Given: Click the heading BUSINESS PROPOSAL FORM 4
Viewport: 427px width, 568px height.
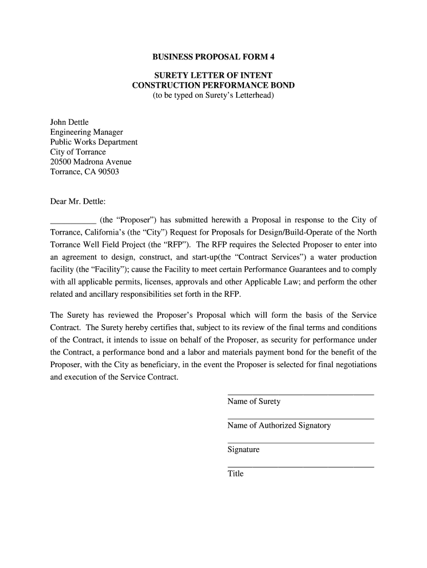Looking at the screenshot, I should tap(213, 57).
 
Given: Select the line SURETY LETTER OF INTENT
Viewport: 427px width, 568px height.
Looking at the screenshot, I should tap(213, 75).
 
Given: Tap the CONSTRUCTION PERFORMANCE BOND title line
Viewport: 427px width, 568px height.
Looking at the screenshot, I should tap(213, 85).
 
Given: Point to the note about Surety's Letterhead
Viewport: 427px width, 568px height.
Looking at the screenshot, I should tap(213, 96).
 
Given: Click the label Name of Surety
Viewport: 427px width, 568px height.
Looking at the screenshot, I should tap(253, 402).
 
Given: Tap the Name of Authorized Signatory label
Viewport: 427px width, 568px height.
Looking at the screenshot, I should tap(279, 425).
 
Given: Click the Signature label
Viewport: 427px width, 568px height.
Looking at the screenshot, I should tap(243, 450).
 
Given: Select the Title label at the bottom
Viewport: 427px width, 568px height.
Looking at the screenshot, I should tap(236, 474).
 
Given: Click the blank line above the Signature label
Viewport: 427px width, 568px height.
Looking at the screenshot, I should tap(301, 443).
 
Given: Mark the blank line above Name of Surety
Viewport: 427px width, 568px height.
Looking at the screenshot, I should tap(301, 394).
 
